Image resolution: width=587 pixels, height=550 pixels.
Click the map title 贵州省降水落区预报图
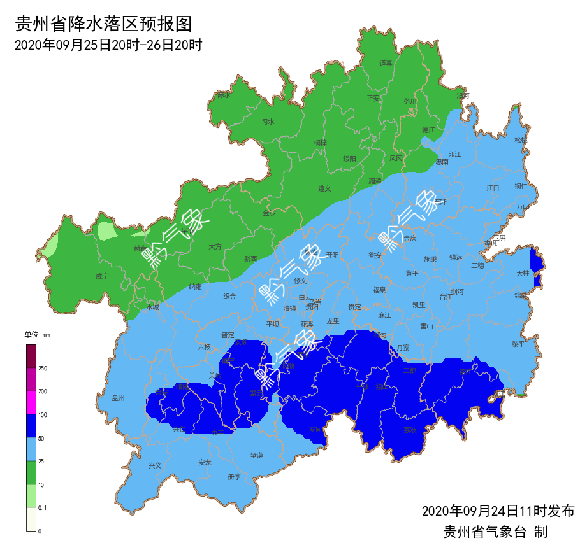[x=103, y=24]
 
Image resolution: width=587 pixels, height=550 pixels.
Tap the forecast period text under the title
[x=108, y=45]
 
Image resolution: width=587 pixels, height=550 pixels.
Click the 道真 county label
[x=386, y=63]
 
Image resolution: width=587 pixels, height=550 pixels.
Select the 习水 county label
[x=268, y=122]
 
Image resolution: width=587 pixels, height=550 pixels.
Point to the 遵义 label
[x=325, y=188]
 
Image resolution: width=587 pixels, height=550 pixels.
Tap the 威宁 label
[x=102, y=276]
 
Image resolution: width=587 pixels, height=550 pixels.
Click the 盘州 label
[x=118, y=398]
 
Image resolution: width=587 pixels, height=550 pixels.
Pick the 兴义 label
[x=155, y=465]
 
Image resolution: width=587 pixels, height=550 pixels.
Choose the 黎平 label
[x=518, y=344]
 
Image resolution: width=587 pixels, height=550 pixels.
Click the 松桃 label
[x=521, y=140]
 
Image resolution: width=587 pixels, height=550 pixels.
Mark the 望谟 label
[x=256, y=456]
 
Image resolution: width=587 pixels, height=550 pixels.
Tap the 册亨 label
[x=234, y=477]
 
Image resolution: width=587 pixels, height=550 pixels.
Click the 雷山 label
[x=426, y=326]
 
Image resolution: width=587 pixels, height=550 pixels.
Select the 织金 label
[x=229, y=296]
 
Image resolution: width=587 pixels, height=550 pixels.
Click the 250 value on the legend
[x=43, y=369]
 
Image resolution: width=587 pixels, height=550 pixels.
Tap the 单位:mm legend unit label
[x=37, y=335]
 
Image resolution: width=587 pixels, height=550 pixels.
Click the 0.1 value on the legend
[x=43, y=507]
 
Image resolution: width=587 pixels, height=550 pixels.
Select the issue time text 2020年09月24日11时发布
[x=498, y=511]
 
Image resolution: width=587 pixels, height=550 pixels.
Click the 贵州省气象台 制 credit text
[x=495, y=532]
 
